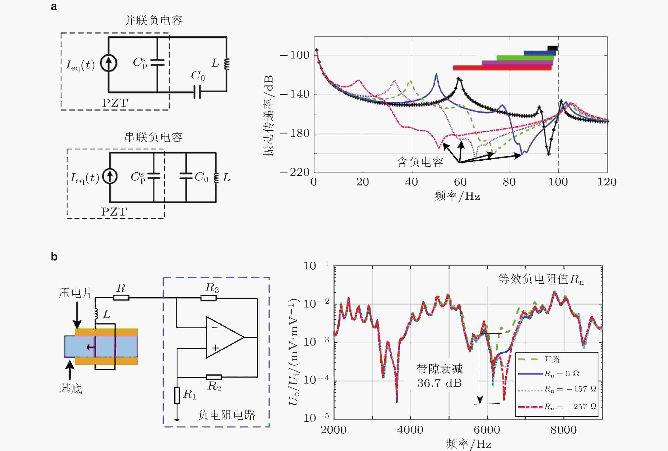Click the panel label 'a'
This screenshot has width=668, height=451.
coord(54,7)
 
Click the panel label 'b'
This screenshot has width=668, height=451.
coord(54,256)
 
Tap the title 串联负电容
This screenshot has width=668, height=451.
coord(153,137)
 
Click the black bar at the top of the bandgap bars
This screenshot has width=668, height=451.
coord(552,48)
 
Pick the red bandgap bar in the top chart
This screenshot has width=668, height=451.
coord(502,68)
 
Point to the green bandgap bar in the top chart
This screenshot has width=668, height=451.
coord(525,58)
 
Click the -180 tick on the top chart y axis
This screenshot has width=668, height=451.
coord(295,134)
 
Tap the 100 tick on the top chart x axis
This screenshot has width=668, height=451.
coord(558,182)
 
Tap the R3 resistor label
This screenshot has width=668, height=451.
coord(212,288)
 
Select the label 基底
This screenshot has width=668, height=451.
coord(71,389)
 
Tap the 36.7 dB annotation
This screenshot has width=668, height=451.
coord(439,383)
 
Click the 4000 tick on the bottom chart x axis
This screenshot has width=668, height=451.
coord(410,430)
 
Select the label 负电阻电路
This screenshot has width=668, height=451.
coord(226,415)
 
